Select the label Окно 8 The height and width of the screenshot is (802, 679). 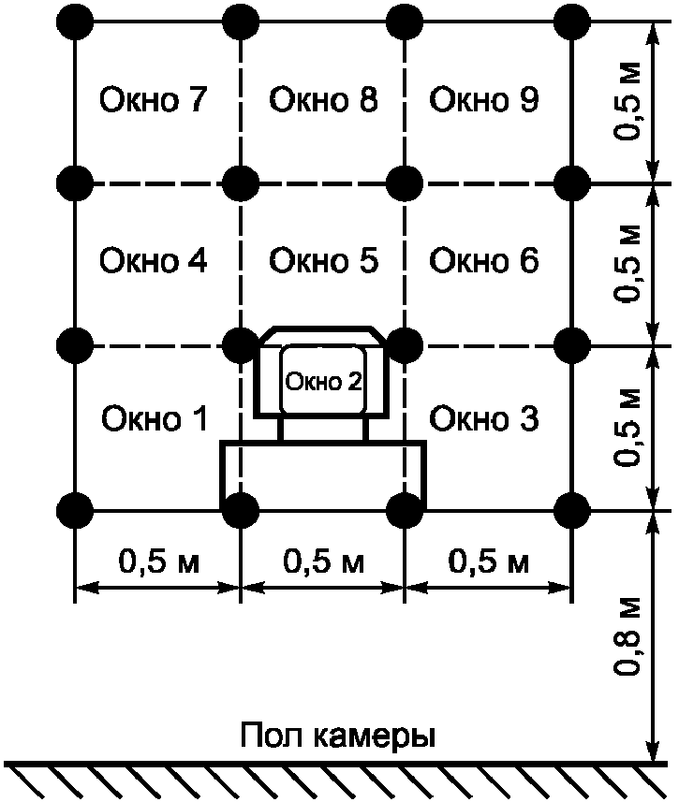pos(323,100)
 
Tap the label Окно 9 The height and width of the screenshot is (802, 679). pos(484,100)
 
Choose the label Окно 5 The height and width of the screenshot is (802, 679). pos(323,260)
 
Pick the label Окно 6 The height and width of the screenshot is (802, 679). pos(484,260)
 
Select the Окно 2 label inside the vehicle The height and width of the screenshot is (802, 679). pos(323,381)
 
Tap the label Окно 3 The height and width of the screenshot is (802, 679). pos(484,418)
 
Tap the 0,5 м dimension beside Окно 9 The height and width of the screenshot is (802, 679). pos(628,101)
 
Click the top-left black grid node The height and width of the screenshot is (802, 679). pos(75,20)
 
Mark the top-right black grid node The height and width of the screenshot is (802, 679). pos(569,20)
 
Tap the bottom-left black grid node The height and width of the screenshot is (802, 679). pos(75,511)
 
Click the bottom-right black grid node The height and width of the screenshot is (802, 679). pos(569,511)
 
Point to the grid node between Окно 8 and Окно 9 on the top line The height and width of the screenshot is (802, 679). pos(405,20)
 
